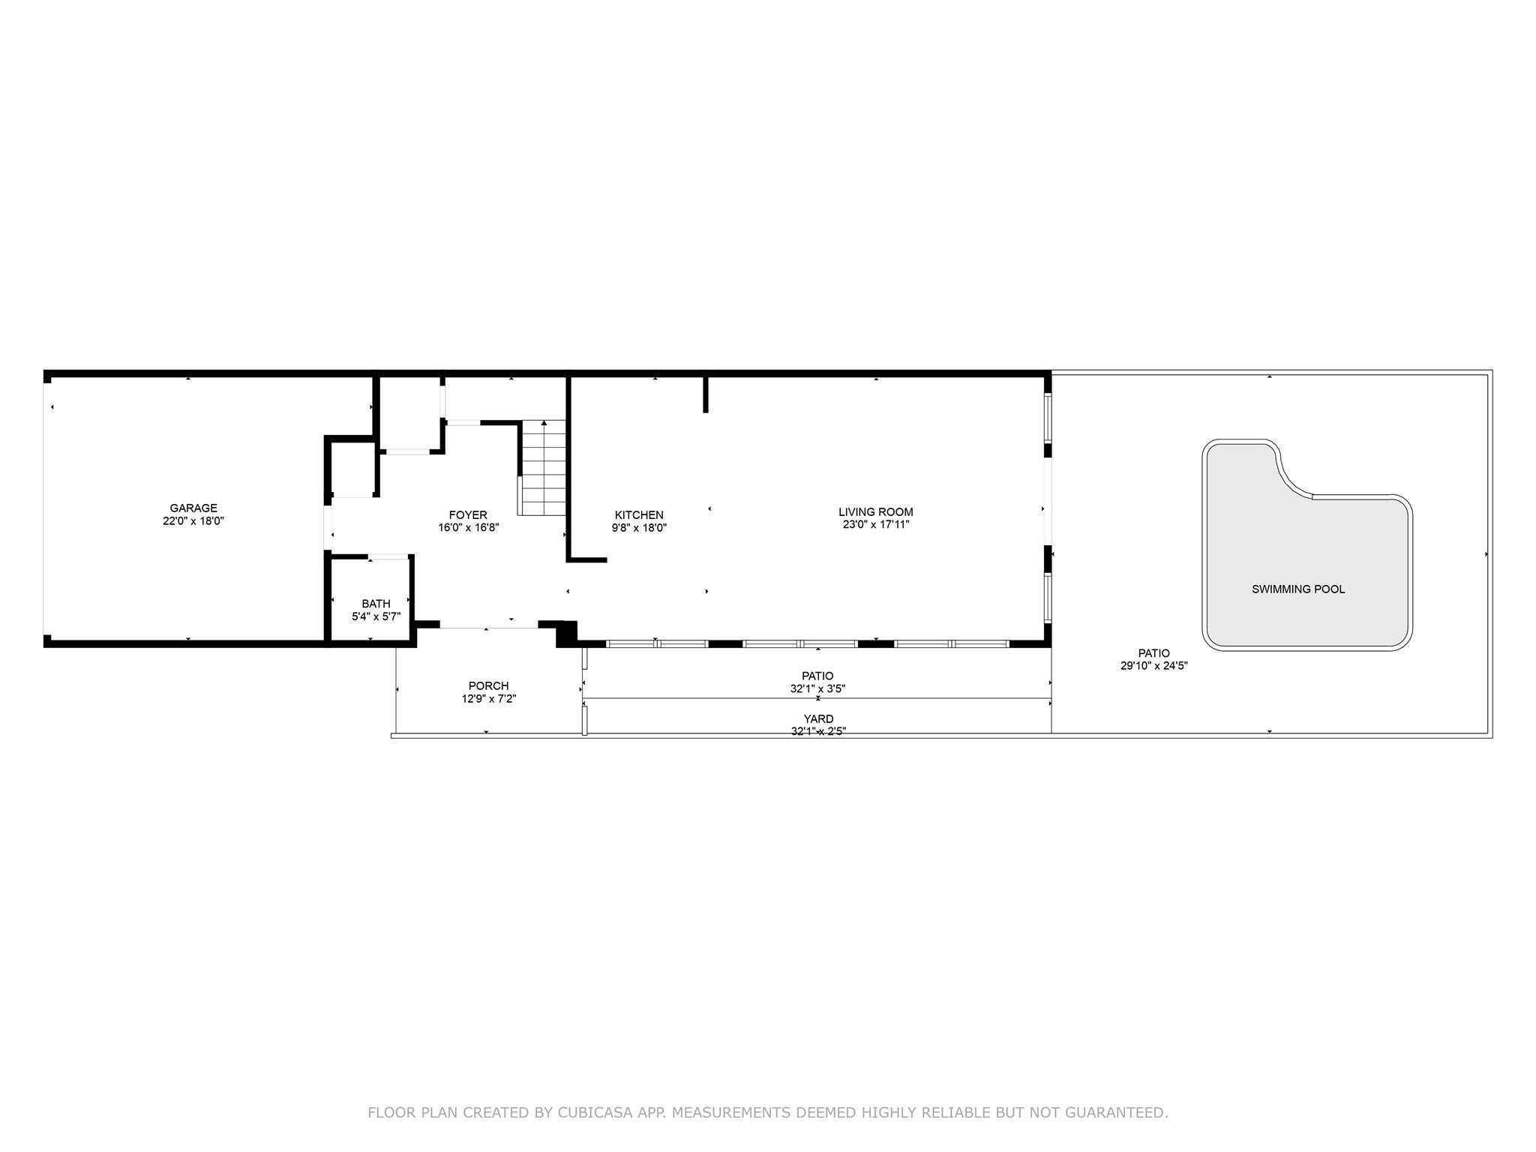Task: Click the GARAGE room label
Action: click(x=193, y=508)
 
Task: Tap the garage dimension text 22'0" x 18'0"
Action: click(x=193, y=520)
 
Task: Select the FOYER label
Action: click(x=468, y=514)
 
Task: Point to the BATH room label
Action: click(x=376, y=604)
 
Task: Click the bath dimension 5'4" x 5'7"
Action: click(x=376, y=616)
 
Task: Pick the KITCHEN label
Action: click(x=639, y=514)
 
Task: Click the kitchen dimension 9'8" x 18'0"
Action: click(x=639, y=527)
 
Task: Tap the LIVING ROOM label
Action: click(x=876, y=512)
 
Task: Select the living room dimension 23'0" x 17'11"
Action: click(x=876, y=525)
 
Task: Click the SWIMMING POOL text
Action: click(x=1298, y=589)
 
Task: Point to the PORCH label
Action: click(x=489, y=685)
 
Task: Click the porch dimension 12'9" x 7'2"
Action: click(x=489, y=698)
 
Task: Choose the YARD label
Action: click(x=817, y=719)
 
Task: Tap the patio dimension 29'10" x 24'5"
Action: click(x=1154, y=665)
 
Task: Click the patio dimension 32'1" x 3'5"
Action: click(x=817, y=688)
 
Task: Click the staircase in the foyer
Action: click(x=544, y=468)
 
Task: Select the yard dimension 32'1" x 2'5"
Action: click(x=818, y=731)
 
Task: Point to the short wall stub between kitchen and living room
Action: click(x=706, y=394)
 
